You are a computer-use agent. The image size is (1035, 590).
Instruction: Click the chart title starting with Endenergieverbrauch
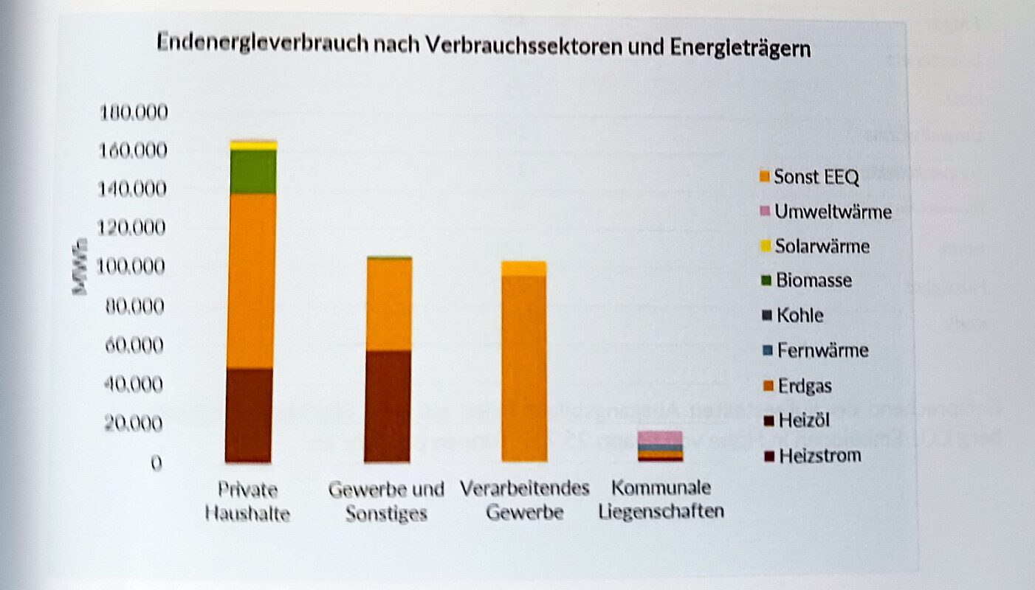pyautogui.click(x=484, y=47)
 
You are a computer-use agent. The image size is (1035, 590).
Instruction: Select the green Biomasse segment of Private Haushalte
pyautogui.click(x=252, y=171)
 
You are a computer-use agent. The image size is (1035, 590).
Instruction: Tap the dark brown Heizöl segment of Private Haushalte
pyautogui.click(x=249, y=414)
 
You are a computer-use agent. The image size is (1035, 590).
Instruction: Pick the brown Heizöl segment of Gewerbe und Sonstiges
pyautogui.click(x=388, y=406)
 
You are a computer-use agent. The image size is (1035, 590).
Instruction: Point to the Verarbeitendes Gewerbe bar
pyautogui.click(x=524, y=361)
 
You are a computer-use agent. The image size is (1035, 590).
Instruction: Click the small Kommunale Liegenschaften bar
pyautogui.click(x=660, y=447)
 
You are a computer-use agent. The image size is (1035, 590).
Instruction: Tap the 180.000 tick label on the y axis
pyautogui.click(x=134, y=113)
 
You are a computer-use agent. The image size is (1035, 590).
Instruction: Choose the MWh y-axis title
pyautogui.click(x=80, y=265)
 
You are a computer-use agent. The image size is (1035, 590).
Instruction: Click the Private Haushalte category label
pyautogui.click(x=247, y=501)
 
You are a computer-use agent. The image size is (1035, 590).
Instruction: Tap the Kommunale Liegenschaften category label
pyautogui.click(x=661, y=499)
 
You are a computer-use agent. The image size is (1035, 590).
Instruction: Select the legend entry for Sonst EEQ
pyautogui.click(x=809, y=177)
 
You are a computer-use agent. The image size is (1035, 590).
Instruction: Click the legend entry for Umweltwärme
pyautogui.click(x=826, y=212)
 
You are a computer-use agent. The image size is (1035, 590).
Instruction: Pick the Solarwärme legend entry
pyautogui.click(x=815, y=246)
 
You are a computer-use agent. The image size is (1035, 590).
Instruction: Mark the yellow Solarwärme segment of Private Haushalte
pyautogui.click(x=252, y=146)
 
